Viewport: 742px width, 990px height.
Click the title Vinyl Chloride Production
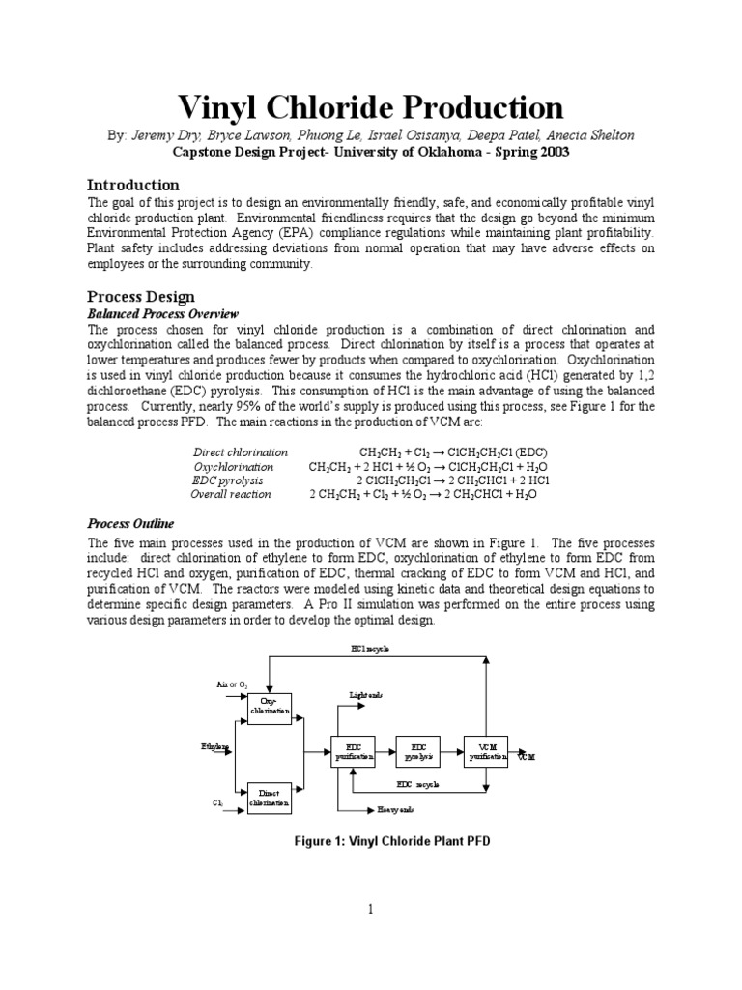click(371, 107)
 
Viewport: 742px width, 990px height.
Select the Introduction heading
click(133, 185)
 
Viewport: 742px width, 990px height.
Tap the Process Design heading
click(141, 297)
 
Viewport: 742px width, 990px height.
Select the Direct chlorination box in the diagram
click(270, 797)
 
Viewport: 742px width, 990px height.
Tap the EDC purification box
click(354, 753)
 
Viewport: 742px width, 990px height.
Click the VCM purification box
click(487, 753)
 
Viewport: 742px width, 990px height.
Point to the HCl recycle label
click(371, 649)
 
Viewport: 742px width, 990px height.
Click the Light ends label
click(365, 695)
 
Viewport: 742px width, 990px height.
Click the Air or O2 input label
click(232, 684)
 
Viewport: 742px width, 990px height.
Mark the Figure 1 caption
click(391, 841)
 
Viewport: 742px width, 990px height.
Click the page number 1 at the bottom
click(370, 908)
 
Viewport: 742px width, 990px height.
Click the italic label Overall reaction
click(231, 494)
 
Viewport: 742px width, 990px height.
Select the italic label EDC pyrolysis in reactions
click(227, 480)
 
